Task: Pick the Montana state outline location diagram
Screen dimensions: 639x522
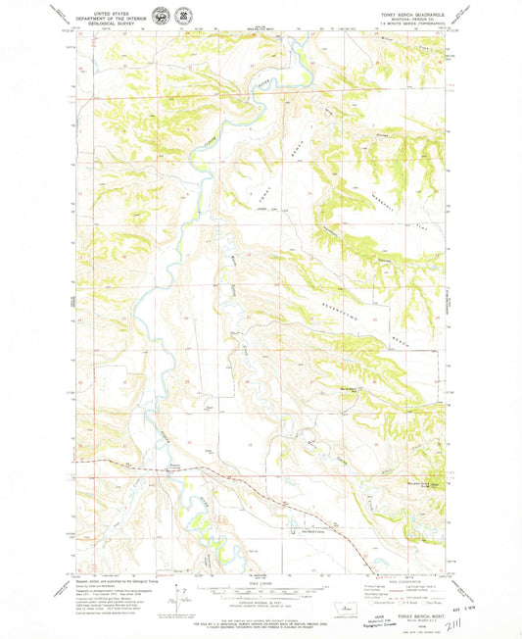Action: click(x=341, y=609)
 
